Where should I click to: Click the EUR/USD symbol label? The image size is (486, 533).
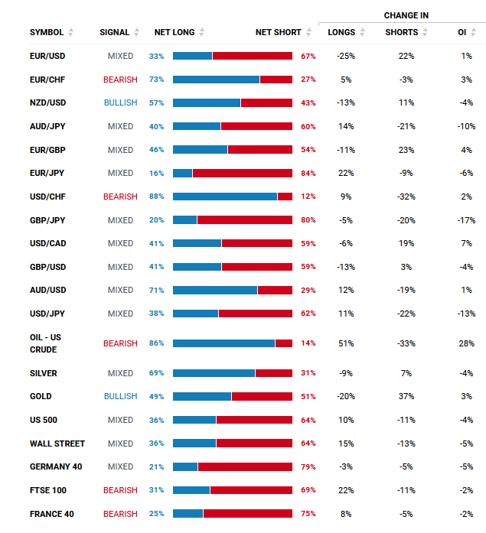pos(47,56)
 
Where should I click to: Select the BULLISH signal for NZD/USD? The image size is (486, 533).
pos(121,102)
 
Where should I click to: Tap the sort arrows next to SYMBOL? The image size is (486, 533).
pos(70,32)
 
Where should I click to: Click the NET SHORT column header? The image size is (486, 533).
pos(278,32)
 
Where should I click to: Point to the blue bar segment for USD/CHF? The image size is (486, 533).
pos(225,197)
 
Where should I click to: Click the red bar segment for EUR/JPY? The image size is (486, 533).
pos(243,173)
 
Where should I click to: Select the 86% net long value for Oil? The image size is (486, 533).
pos(156,343)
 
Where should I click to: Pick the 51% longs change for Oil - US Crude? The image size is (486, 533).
pos(346,343)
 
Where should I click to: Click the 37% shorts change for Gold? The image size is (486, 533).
pos(406,396)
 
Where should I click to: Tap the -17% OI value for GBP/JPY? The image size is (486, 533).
pos(466,220)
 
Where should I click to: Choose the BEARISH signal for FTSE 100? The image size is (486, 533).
pos(120,490)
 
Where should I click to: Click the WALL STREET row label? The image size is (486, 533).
pos(57,444)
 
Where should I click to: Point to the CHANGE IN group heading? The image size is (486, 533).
pos(406,15)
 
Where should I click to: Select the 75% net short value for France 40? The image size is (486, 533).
pos(308,514)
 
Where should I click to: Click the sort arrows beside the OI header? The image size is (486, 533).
pos(474,32)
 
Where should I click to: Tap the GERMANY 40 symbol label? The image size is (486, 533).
pos(56,466)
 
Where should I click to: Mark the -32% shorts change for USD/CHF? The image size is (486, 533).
pos(406,197)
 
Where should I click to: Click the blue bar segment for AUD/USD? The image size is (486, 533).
pos(215,291)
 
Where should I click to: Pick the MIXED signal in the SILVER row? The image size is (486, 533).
pos(120,373)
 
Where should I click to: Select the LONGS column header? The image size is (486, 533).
pos(341,32)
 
